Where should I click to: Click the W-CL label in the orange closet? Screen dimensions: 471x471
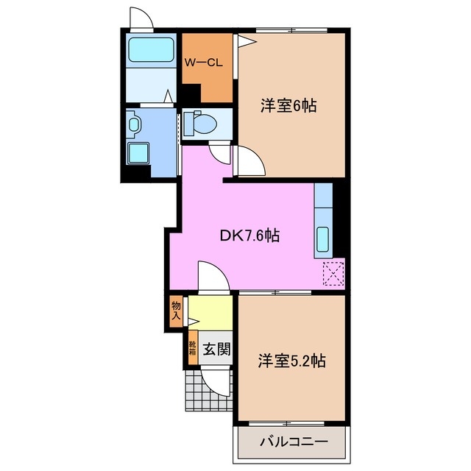(204, 62)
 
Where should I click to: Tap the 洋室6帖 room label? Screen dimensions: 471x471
(288, 106)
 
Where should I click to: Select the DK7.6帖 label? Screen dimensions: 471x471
(249, 236)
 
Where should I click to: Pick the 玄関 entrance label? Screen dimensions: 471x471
(217, 348)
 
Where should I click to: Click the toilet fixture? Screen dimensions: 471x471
(200, 122)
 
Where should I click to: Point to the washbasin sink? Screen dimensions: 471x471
(133, 124)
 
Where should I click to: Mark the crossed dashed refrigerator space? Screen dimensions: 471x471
(333, 275)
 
